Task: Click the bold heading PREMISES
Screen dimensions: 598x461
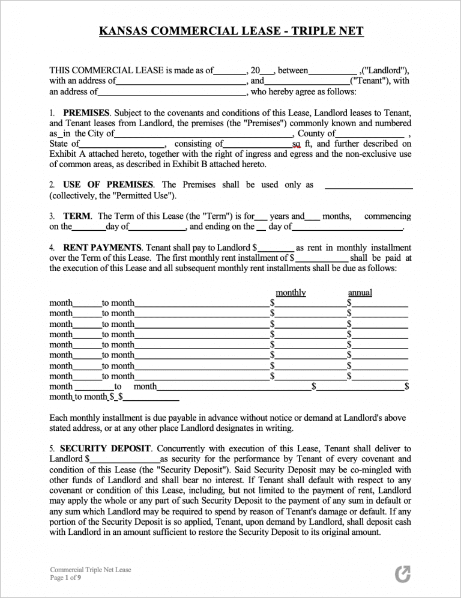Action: [x=86, y=112]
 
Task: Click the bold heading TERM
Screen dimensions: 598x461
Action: [x=77, y=216]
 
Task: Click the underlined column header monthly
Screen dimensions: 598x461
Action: [x=291, y=293]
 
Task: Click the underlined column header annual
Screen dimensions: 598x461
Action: [x=360, y=293]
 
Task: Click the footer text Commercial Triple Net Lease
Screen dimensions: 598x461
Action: [x=91, y=570]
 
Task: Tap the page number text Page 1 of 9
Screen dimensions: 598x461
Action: [x=65, y=578]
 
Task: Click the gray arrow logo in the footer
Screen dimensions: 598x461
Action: [x=403, y=574]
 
